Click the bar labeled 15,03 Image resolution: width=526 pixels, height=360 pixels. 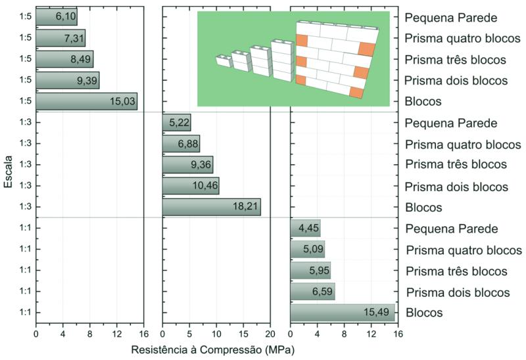click(x=86, y=101)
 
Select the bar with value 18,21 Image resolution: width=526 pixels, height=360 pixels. click(x=211, y=207)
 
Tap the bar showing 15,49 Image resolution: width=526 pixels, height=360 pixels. click(x=342, y=313)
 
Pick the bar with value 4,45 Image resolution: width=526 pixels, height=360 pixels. click(x=305, y=228)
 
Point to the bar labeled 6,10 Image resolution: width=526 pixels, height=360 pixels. click(x=56, y=16)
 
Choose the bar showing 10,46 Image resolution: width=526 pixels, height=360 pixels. click(x=191, y=186)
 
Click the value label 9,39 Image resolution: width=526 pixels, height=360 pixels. click(x=85, y=80)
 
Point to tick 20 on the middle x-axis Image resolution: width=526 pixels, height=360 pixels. click(x=271, y=332)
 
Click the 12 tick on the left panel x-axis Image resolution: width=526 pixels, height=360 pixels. click(x=116, y=332)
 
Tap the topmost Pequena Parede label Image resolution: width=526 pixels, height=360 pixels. click(x=451, y=17)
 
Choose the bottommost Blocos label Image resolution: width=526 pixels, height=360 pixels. click(x=424, y=313)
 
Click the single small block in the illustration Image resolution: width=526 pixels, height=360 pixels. click(x=224, y=62)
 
